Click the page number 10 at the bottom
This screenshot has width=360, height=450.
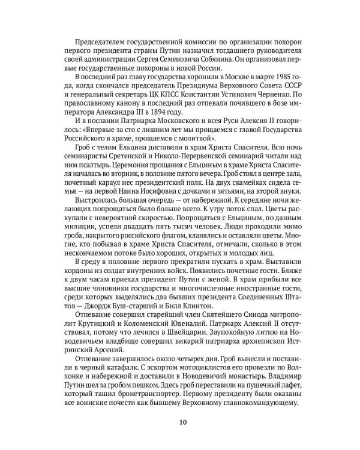182,439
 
